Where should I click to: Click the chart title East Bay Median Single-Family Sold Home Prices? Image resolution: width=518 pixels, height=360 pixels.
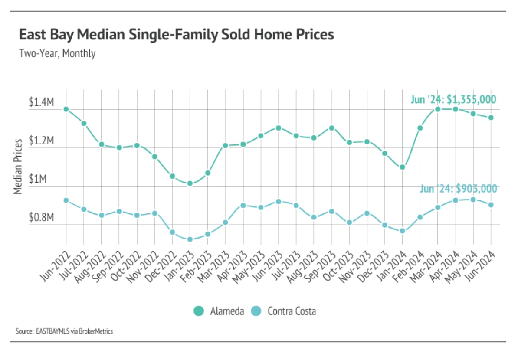[176, 35]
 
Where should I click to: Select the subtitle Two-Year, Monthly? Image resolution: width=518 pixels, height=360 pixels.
[57, 54]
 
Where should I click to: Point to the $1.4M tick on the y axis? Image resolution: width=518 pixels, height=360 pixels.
[41, 103]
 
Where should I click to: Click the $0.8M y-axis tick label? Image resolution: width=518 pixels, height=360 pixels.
[41, 218]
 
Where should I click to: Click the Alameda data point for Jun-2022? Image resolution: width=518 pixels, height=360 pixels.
[66, 109]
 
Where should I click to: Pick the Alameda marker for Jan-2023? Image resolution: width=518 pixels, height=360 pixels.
[190, 183]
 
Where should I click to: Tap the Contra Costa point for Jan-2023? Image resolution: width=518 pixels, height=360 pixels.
[190, 239]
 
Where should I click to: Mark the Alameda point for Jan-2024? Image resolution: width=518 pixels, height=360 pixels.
[403, 167]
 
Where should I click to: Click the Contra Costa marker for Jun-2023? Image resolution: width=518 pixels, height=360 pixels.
[279, 201]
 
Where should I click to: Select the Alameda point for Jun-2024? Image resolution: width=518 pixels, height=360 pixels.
[491, 118]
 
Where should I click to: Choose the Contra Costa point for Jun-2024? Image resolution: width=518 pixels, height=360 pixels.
[491, 205]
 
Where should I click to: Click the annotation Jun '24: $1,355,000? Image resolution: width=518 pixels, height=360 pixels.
[453, 99]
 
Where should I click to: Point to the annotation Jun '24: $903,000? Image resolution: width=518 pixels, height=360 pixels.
[458, 189]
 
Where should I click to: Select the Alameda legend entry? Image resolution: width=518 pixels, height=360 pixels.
[219, 311]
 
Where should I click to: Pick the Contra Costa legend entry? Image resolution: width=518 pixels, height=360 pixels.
[284, 311]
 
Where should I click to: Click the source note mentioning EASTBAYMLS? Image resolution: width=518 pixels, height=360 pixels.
[64, 331]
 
